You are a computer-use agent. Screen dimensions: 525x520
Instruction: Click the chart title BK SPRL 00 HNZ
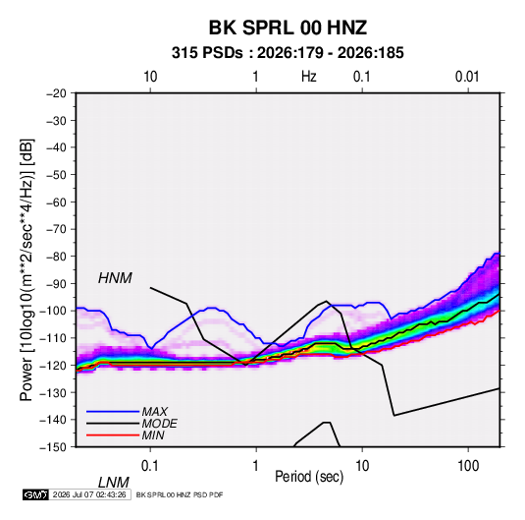(288, 28)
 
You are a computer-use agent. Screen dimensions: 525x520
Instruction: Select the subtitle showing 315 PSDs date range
(288, 53)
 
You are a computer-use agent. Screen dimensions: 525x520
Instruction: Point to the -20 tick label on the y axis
(56, 93)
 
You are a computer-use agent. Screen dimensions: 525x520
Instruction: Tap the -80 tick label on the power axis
(56, 257)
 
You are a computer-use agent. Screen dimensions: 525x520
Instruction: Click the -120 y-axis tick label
(53, 365)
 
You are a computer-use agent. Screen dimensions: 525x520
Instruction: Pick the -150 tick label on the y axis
(53, 447)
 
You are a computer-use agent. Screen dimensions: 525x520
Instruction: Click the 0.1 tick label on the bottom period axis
(150, 466)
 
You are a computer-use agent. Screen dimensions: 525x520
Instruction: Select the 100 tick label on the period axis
(468, 466)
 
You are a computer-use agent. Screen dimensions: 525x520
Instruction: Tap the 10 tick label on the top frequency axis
(150, 77)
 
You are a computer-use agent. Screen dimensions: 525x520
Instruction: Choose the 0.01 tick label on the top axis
(467, 77)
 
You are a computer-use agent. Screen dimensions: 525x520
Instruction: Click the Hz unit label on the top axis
(309, 77)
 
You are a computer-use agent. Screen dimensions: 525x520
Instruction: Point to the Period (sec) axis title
(309, 477)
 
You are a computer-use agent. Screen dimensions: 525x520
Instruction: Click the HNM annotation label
(115, 278)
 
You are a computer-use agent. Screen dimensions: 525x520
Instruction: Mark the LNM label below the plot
(114, 483)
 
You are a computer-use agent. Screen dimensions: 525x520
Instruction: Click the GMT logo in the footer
(35, 494)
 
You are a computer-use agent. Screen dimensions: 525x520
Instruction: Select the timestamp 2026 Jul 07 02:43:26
(89, 494)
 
